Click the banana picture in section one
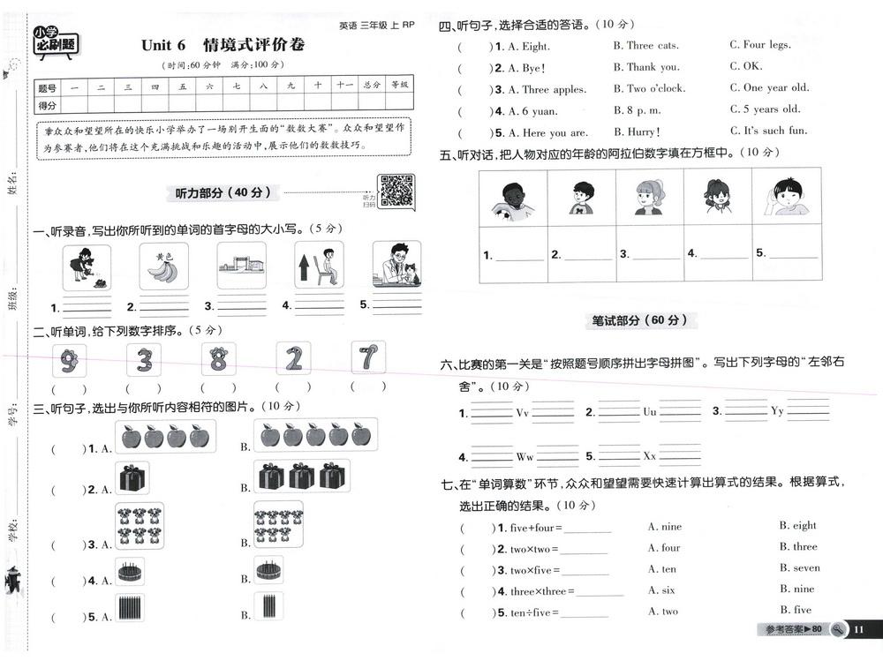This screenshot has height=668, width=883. tap(163, 266)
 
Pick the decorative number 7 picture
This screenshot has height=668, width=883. tap(368, 358)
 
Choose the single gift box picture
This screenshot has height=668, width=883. tap(132, 478)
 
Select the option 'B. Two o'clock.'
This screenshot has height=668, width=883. tap(649, 88)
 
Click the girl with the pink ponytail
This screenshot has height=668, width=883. tap(649, 197)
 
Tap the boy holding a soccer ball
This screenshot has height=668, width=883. tap(513, 200)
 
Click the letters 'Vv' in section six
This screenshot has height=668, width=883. tap(522, 412)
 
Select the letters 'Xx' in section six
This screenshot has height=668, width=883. tap(649, 456)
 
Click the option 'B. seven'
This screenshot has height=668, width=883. tap(799, 568)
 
